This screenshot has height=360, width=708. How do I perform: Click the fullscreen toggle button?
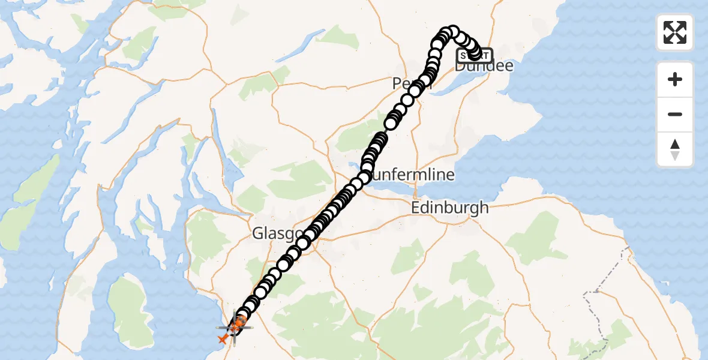675,32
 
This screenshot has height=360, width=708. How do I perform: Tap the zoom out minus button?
675,114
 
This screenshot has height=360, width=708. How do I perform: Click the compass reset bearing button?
675,149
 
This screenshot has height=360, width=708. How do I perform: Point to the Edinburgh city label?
450,208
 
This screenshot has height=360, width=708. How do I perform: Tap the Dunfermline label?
414,175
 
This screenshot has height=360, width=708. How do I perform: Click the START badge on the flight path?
475,56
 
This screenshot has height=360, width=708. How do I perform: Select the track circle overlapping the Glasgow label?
302,242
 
